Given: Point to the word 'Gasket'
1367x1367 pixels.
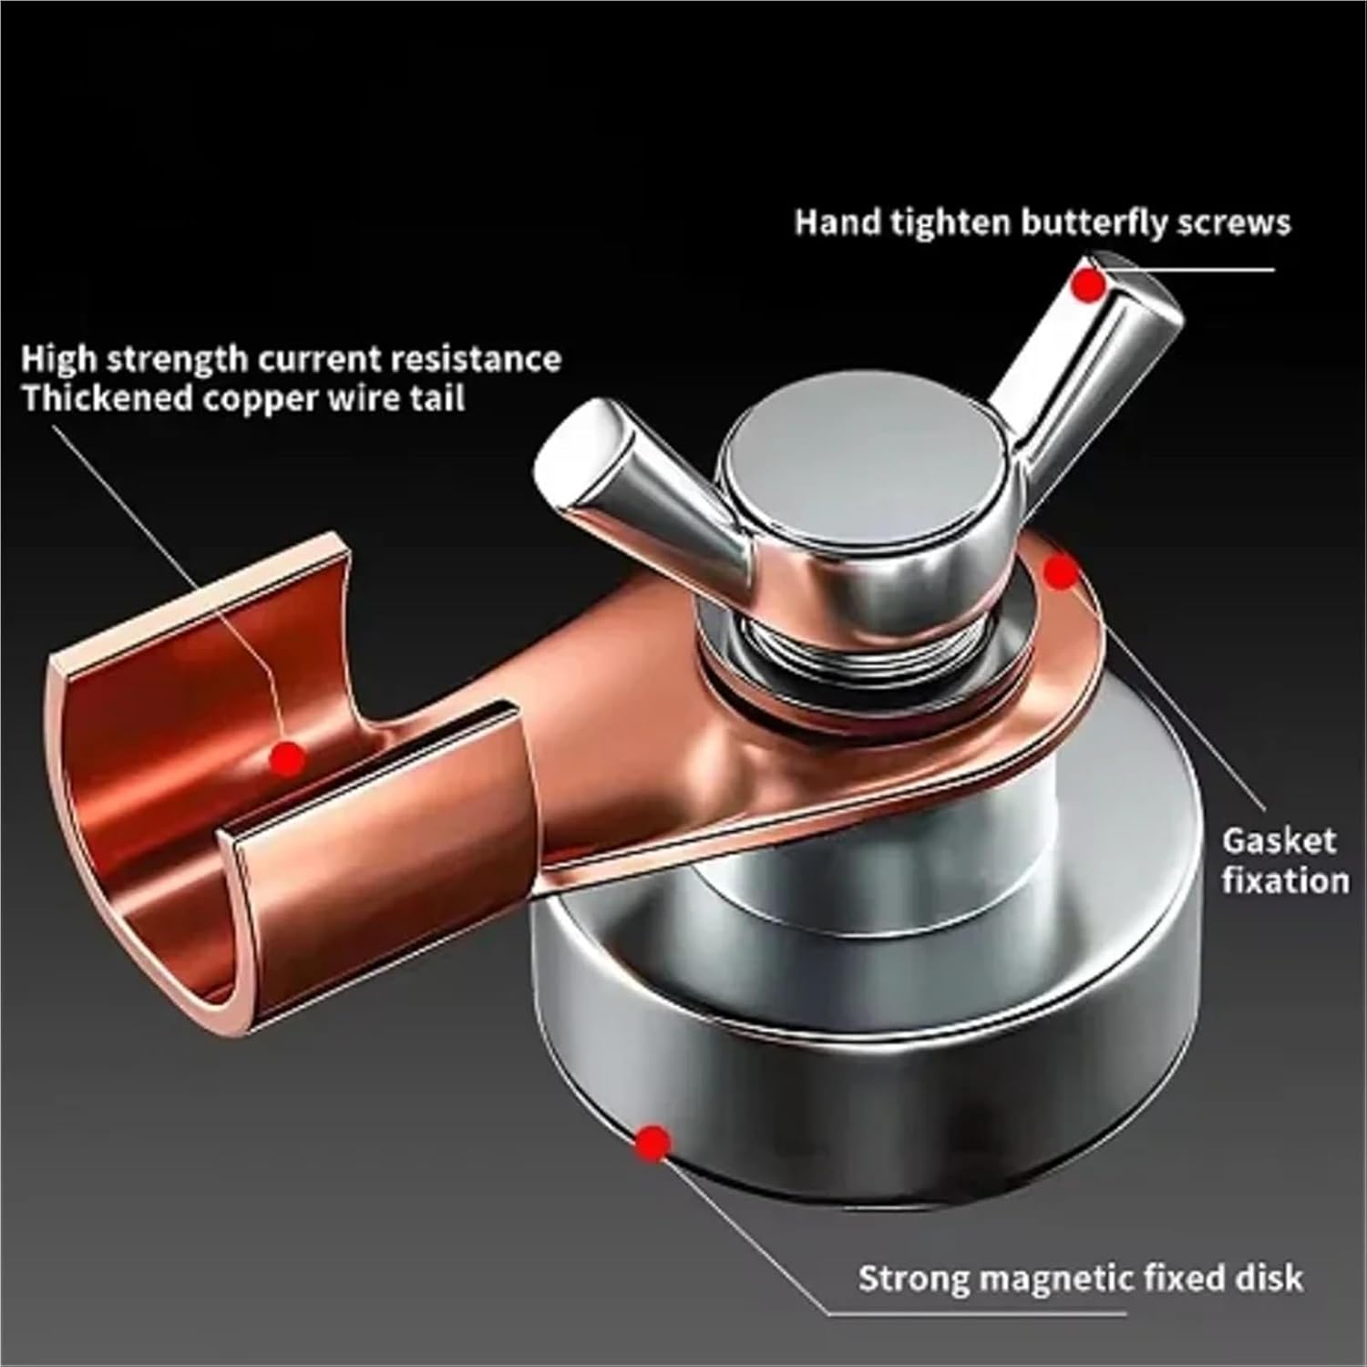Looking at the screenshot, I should point(1279,841).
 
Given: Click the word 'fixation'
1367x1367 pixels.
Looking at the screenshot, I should point(1285,881).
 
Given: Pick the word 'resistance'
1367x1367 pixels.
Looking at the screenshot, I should point(475,358).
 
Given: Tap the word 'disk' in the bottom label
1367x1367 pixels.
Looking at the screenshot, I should point(1269,1278).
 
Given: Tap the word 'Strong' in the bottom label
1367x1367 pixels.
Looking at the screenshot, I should point(914,1279).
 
